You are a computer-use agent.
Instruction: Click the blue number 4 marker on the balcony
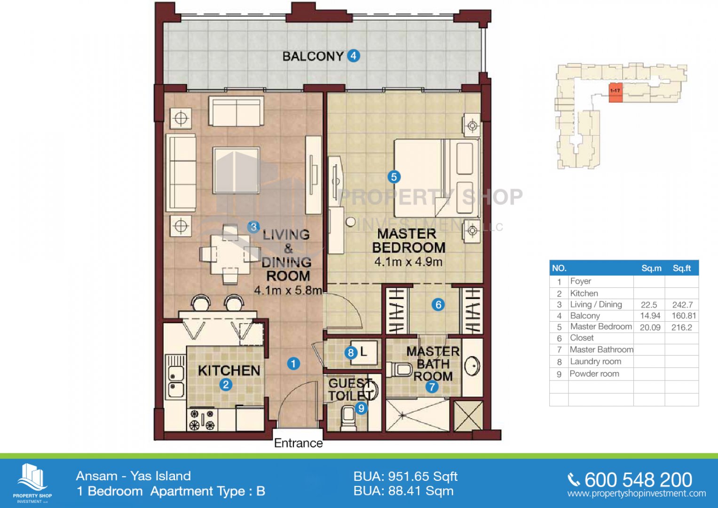tap(354, 56)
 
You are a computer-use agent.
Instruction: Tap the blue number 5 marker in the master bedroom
tap(394, 177)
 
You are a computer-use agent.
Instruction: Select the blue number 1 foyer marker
tap(293, 364)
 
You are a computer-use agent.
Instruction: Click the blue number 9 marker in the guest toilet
tap(362, 408)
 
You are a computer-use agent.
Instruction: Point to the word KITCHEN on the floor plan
tap(229, 371)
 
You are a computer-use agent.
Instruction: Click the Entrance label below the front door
tap(299, 443)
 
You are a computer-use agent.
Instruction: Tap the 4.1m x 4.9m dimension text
tap(408, 262)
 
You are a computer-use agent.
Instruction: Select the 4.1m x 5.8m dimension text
tap(288, 291)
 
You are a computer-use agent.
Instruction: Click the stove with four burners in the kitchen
tap(202, 420)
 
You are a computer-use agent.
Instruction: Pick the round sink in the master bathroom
tap(472, 365)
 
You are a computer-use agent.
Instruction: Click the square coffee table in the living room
tap(236, 170)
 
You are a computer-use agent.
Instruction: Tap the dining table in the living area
tap(230, 255)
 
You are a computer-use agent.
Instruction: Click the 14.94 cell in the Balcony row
tap(650, 316)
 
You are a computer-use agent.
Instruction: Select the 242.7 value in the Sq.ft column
tap(682, 305)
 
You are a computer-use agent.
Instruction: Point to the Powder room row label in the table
tap(594, 374)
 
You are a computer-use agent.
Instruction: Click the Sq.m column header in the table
tap(651, 269)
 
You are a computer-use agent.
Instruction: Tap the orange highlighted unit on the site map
tap(615, 93)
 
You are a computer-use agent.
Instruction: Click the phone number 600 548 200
tap(638, 480)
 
